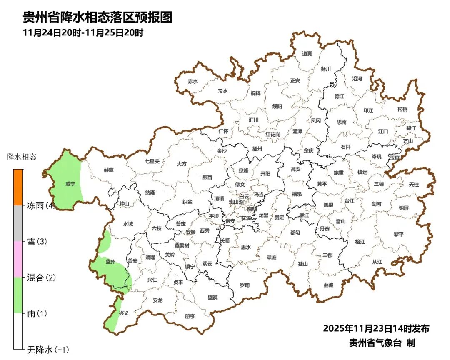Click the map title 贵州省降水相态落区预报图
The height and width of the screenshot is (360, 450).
coord(97,17)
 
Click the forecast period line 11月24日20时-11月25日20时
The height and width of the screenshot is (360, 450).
coord(83,33)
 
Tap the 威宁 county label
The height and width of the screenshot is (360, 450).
coord(70,184)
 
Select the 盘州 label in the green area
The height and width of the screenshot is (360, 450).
coord(110,262)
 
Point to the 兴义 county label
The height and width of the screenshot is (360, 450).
coord(124,313)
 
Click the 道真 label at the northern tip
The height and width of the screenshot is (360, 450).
coord(307,53)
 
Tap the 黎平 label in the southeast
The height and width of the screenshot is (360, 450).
coord(399,234)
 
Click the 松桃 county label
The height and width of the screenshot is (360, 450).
coord(402,109)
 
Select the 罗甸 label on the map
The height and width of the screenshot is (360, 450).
coord(245,285)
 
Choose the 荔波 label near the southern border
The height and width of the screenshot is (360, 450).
coord(328,285)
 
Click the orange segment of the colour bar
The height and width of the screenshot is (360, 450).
coord(18,187)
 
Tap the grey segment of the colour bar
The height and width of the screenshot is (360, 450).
coord(18,223)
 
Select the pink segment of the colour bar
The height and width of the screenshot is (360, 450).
coord(18,259)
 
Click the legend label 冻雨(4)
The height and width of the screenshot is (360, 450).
coord(41,205)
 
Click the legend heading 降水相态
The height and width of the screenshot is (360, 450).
coord(22,157)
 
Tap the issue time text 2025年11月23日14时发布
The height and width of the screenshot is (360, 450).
coord(376,328)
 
